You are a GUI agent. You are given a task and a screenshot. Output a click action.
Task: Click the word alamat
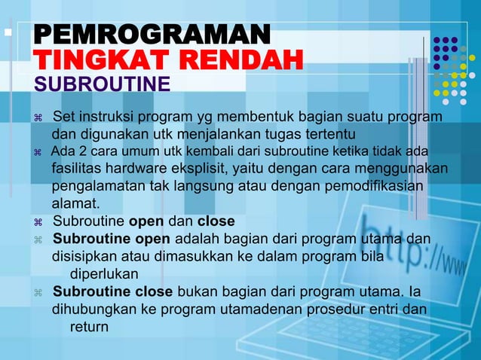(75, 203)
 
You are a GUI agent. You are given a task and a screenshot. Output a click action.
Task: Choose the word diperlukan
(104, 273)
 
